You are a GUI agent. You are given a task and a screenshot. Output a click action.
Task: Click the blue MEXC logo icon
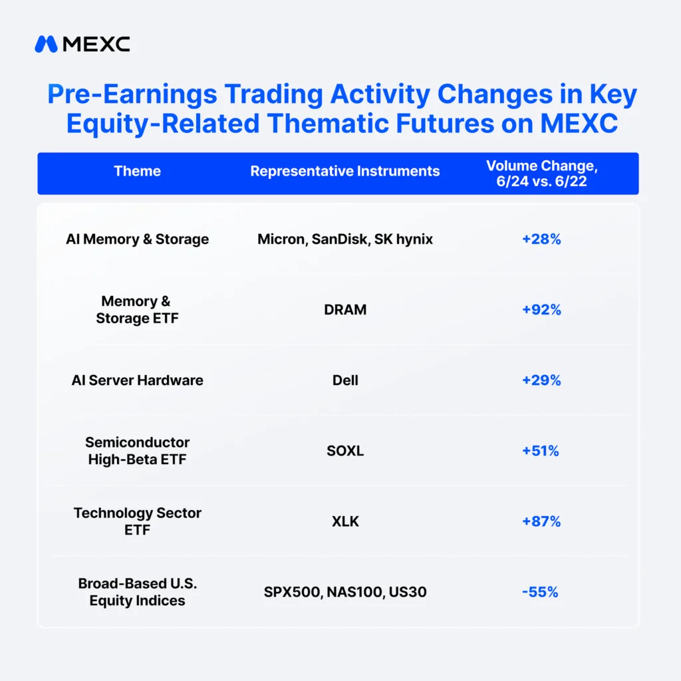(46, 44)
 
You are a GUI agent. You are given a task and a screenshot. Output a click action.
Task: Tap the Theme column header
(137, 171)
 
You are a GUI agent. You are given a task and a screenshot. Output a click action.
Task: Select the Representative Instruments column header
(345, 171)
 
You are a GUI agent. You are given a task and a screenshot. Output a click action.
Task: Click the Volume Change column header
(541, 174)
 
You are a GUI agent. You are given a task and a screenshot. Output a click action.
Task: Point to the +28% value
(541, 239)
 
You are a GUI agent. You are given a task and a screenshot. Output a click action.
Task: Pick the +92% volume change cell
(541, 310)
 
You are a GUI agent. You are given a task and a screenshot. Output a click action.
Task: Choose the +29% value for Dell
(541, 380)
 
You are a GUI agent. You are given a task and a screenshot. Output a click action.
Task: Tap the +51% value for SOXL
(540, 451)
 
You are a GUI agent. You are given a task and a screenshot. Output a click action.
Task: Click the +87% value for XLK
(541, 521)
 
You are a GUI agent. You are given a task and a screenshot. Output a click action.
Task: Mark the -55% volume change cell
(540, 592)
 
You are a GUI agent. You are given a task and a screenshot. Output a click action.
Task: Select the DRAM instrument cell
(345, 310)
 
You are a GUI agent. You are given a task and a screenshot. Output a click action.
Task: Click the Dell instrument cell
(345, 380)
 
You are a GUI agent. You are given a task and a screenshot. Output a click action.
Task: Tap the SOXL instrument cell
(345, 451)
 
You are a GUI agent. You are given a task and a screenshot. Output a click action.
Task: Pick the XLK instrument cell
(345, 521)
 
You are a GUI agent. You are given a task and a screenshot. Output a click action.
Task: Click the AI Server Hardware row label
(137, 380)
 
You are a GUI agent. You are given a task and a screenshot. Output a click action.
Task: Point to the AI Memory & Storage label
(137, 239)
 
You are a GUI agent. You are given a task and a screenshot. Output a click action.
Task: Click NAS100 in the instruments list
(355, 592)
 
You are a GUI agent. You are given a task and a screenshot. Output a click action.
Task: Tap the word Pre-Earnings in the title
(132, 94)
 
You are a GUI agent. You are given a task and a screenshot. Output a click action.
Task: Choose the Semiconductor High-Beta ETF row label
(137, 451)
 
